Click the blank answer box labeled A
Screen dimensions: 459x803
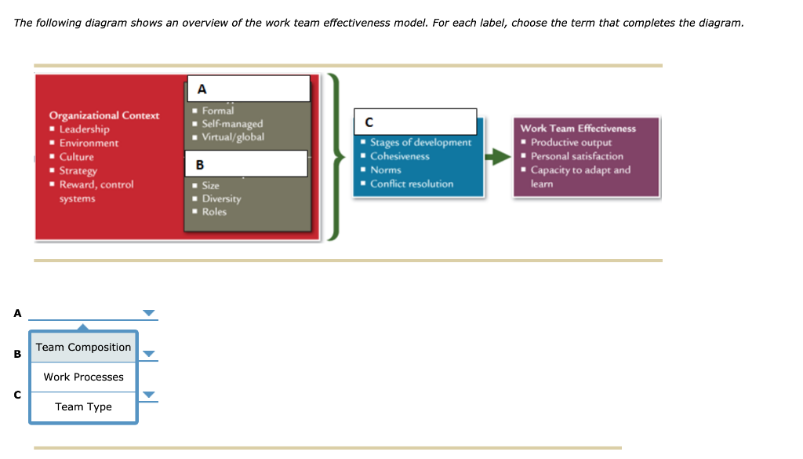[x=249, y=89]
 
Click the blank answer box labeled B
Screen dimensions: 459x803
[x=247, y=164]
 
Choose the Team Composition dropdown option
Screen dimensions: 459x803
[x=83, y=348]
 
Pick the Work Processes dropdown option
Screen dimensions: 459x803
[x=83, y=377]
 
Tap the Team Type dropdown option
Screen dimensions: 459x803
[x=83, y=407]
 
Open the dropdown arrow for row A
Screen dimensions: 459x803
[x=149, y=314]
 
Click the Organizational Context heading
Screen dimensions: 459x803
[x=104, y=115]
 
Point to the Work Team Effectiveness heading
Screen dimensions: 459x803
[x=578, y=129]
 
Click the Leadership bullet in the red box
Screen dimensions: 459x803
[x=84, y=129]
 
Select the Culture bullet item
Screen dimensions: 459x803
[x=76, y=157]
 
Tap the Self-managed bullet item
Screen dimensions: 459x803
[x=232, y=124]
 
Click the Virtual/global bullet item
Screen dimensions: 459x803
[x=233, y=137]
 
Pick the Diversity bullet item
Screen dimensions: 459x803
[x=221, y=199]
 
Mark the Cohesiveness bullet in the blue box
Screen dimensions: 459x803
[x=400, y=156]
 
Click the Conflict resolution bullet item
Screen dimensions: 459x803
[x=412, y=184]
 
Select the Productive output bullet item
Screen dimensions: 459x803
[x=571, y=143]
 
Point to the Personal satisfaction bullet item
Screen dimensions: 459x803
[x=576, y=156]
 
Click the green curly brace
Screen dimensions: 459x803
[x=335, y=158]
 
